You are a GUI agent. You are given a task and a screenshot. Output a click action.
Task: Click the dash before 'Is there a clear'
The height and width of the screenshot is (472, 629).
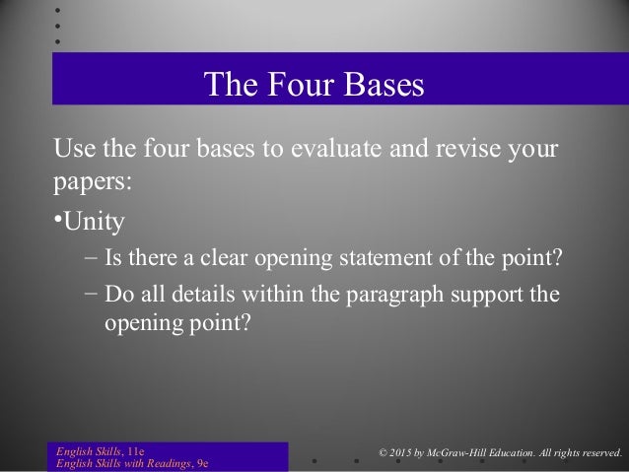pyautogui.click(x=91, y=259)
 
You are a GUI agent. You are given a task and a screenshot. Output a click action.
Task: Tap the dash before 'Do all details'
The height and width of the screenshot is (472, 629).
pyautogui.click(x=91, y=294)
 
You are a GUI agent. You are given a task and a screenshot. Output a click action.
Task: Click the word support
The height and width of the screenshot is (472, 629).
pyautogui.click(x=494, y=294)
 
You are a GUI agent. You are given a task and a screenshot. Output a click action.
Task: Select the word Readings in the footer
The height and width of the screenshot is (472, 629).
pyautogui.click(x=167, y=464)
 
